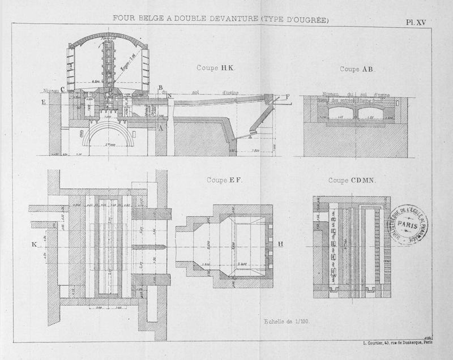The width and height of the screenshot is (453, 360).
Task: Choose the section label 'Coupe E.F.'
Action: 224,181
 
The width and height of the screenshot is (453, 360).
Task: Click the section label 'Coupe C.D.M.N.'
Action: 354,181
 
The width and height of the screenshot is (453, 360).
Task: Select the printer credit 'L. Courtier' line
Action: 396,342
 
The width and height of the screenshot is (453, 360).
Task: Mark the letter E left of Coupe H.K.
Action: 44,103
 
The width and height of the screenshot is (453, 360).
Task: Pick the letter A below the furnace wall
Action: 161,128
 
